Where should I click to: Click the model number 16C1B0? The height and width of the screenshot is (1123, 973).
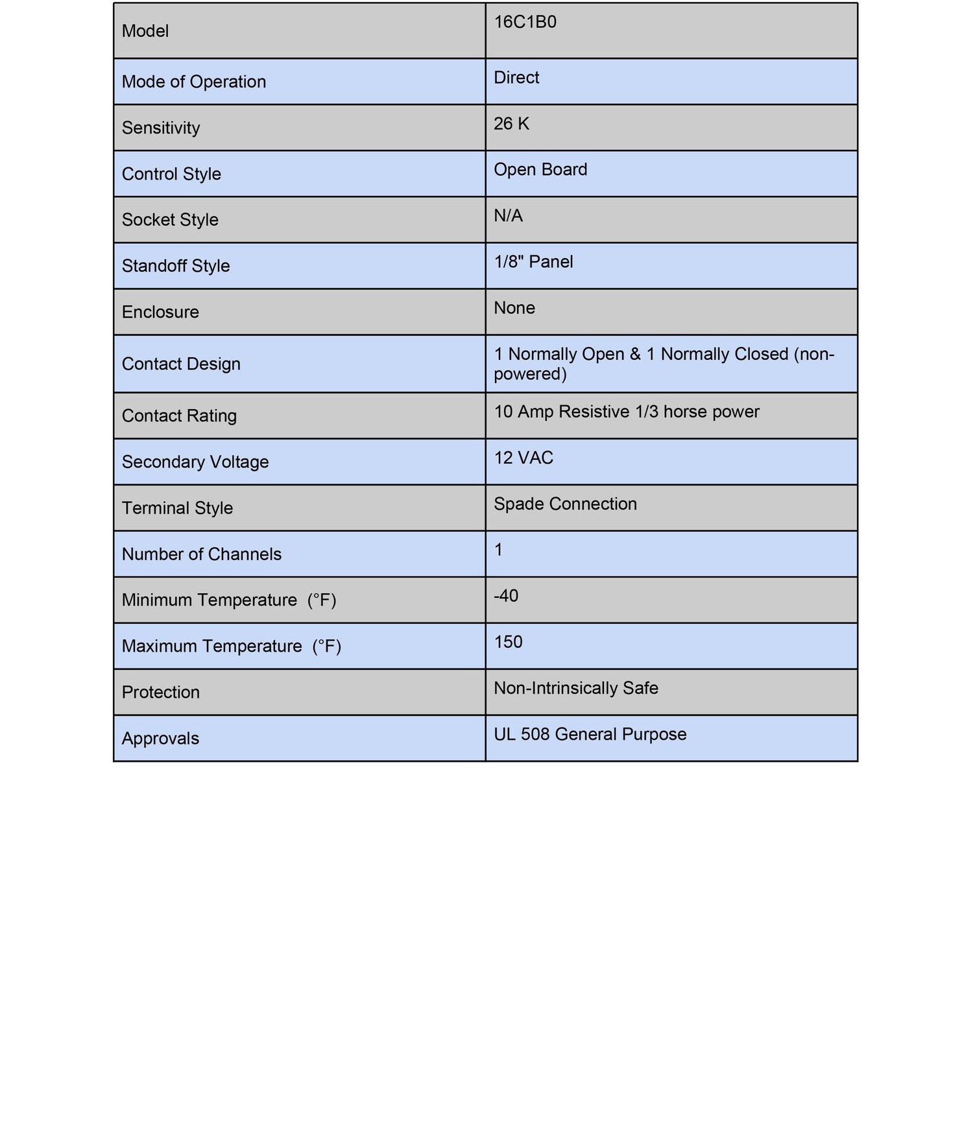525,23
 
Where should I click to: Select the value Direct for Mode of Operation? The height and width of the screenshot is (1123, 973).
516,78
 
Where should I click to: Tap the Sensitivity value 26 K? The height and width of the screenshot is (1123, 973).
511,124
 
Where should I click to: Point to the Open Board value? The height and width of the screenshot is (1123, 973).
540,170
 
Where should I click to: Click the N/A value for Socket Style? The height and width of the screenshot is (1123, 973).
508,216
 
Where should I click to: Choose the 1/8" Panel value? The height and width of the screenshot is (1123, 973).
533,262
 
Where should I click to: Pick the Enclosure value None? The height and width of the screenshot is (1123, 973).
514,308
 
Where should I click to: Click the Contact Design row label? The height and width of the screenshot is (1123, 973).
181,364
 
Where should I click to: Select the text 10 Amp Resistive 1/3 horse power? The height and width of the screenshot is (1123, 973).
626,412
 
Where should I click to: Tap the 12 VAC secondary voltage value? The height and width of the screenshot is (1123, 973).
523,458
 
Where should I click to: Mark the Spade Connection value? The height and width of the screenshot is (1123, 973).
565,504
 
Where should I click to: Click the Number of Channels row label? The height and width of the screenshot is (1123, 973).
202,554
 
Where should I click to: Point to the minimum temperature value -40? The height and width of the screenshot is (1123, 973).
506,596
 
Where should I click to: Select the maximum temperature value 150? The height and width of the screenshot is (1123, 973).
508,642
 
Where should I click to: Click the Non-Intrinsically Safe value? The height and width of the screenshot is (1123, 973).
575,688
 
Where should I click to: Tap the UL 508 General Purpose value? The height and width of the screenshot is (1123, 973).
590,735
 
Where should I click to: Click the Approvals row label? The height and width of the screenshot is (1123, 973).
160,739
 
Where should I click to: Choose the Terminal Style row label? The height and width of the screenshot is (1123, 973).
177,508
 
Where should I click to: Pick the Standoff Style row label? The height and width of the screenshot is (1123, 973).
176,266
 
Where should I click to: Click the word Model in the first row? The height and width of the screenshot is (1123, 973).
145,31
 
